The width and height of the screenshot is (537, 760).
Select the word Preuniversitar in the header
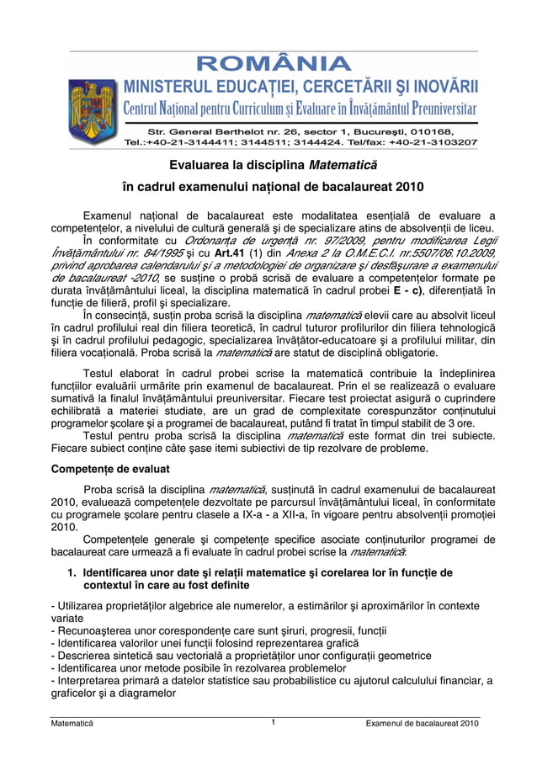pos(433,109)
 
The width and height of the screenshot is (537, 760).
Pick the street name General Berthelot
pos(219,131)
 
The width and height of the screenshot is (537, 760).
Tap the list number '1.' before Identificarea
pos(72,572)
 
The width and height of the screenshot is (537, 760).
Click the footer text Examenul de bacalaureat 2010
pos(417,724)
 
